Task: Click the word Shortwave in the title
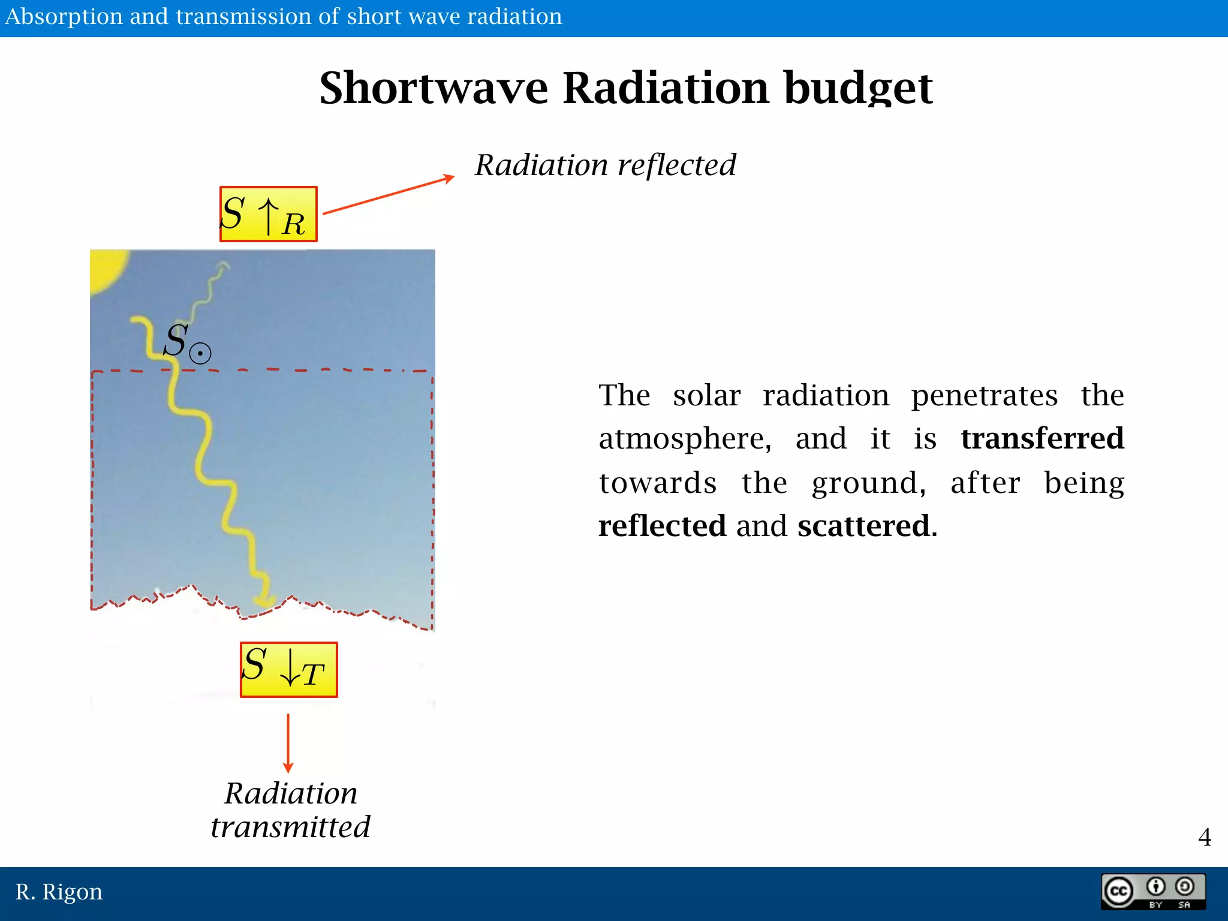pos(433,88)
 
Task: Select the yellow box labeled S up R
pos(268,214)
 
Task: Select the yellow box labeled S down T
pos(288,670)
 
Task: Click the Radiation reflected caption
pos(605,165)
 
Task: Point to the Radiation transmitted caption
pos(290,810)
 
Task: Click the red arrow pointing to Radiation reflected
pos(389,195)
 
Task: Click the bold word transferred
pos(1042,438)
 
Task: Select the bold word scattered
pos(863,526)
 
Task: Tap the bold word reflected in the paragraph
pos(662,526)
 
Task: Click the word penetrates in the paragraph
pos(984,395)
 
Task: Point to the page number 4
pos(1204,837)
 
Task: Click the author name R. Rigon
pos(59,892)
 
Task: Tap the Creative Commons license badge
pos(1152,892)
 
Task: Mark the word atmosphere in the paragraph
pos(684,439)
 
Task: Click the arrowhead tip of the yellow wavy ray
pos(264,601)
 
